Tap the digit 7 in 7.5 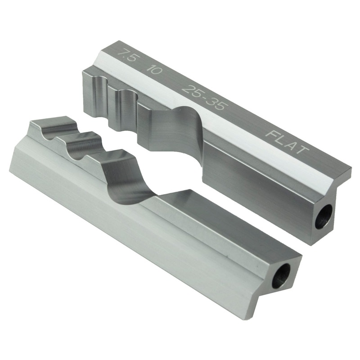pos(121,55)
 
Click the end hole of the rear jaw pos(323,216)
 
